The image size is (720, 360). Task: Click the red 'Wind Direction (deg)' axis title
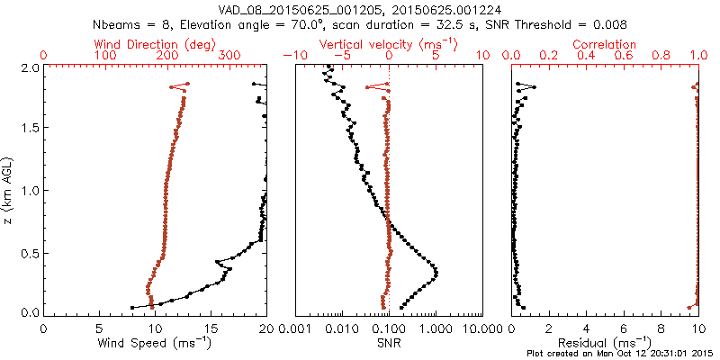click(155, 44)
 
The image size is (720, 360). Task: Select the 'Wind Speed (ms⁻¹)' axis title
click(155, 343)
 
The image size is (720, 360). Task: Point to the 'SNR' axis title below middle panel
click(388, 343)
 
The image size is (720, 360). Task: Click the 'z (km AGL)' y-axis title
click(8, 190)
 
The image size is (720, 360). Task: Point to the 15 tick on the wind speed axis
click(211, 328)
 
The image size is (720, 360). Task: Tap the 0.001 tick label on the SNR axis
click(296, 328)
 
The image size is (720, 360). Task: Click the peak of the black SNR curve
click(436, 272)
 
